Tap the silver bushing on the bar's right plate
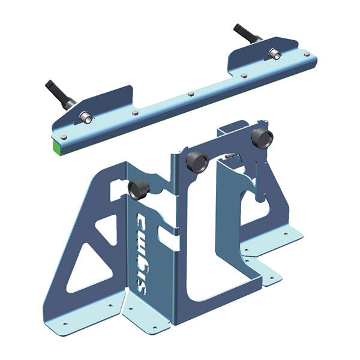tap(275, 54)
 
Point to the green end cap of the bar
tap(58, 146)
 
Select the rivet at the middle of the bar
tap(190, 94)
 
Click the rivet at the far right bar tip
tap(307, 54)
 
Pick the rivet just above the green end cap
tap(64, 137)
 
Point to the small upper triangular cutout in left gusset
tap(110, 229)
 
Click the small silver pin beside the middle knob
tap(229, 156)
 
